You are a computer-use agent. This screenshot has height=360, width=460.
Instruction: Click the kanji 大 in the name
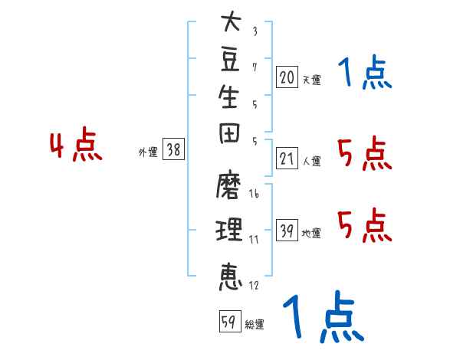(x=232, y=21)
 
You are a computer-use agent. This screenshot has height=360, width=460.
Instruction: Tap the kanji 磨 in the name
(x=228, y=185)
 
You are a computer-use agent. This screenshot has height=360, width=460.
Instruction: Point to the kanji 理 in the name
(x=229, y=230)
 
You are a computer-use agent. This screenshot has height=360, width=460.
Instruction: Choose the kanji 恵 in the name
(x=231, y=277)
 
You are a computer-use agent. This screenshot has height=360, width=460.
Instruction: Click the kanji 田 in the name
(x=229, y=133)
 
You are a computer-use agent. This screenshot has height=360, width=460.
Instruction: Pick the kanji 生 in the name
(x=228, y=97)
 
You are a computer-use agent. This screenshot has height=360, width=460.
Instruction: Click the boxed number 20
(x=287, y=77)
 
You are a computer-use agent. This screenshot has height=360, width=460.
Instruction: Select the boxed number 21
(x=287, y=158)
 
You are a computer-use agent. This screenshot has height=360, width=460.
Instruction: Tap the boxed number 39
(x=287, y=230)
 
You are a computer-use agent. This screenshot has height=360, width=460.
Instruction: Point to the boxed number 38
(x=174, y=149)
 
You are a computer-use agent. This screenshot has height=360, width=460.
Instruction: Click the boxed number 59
(x=230, y=321)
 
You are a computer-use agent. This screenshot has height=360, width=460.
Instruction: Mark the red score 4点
(x=76, y=144)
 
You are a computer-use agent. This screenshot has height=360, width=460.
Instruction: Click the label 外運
(x=148, y=152)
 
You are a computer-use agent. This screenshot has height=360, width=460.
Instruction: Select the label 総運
(x=255, y=324)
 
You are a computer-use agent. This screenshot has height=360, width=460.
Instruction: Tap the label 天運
(x=312, y=80)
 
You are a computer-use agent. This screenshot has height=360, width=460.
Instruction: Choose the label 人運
(x=312, y=161)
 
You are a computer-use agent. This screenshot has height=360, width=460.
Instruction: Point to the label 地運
(x=311, y=233)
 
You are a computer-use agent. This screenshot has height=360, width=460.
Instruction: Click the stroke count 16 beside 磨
(x=254, y=193)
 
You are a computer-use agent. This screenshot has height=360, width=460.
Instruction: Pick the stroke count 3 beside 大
(x=255, y=31)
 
